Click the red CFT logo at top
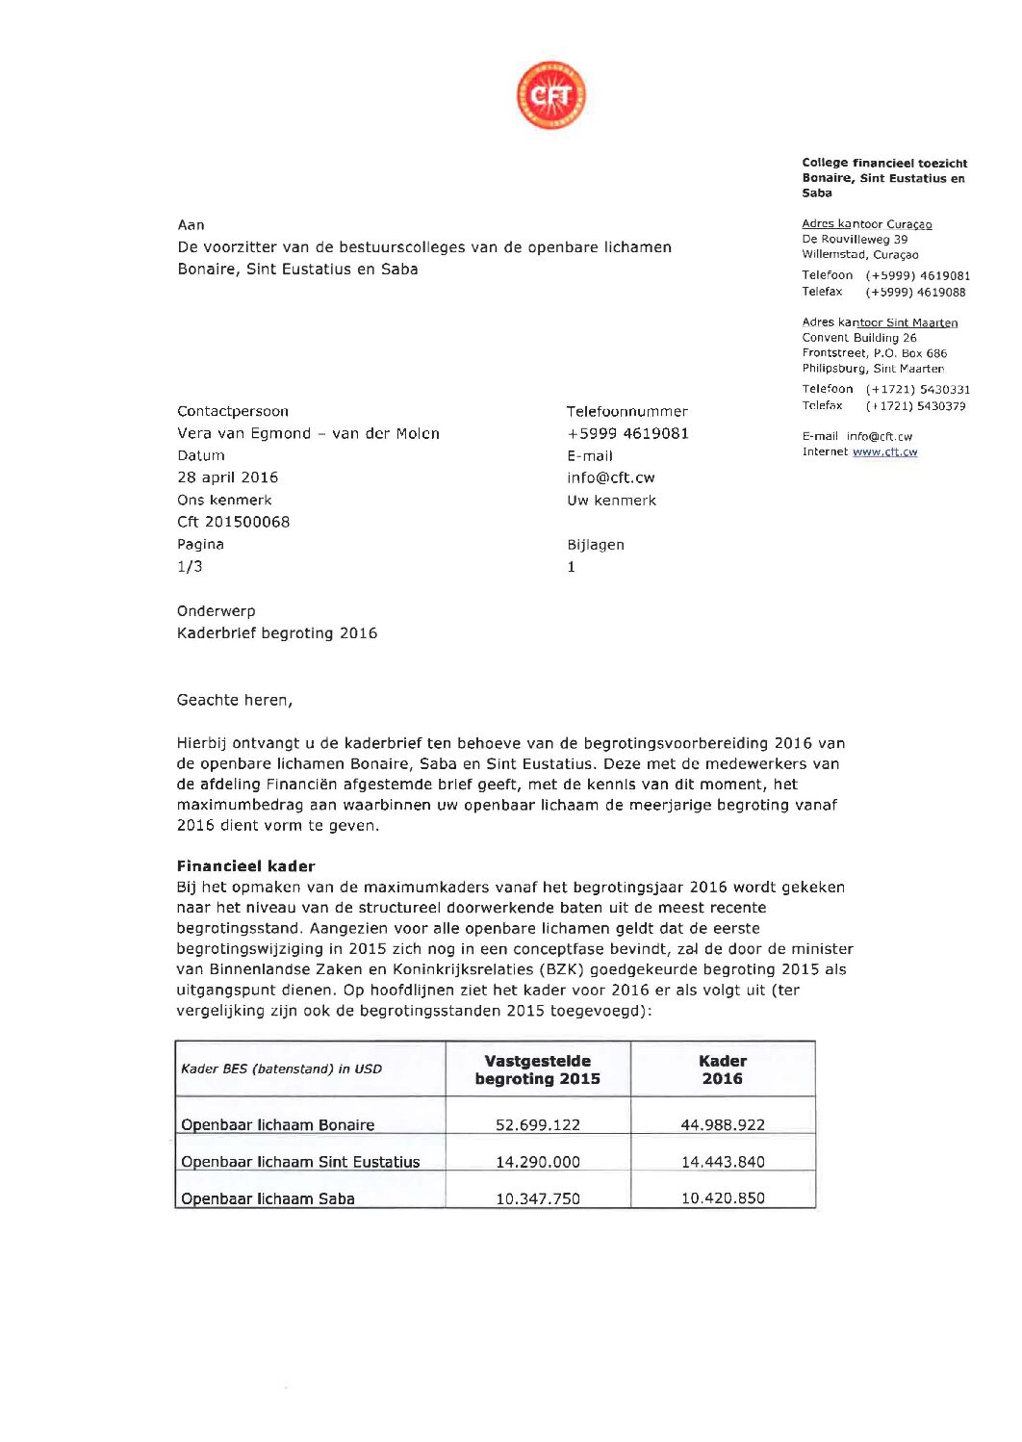pyautogui.click(x=550, y=95)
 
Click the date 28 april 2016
pyautogui.click(x=228, y=477)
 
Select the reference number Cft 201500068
pyautogui.click(x=234, y=522)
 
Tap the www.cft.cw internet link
pyautogui.click(x=884, y=451)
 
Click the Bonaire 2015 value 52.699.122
pyautogui.click(x=538, y=1124)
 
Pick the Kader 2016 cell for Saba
pyautogui.click(x=723, y=1198)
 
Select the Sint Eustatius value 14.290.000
pyautogui.click(x=538, y=1162)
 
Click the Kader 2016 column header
pyautogui.click(x=723, y=1069)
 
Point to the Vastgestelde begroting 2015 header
pyautogui.click(x=538, y=1069)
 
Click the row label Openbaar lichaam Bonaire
pyautogui.click(x=278, y=1124)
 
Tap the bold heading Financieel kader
pyautogui.click(x=246, y=866)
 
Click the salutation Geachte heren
pyautogui.click(x=235, y=701)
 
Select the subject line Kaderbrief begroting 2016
pyautogui.click(x=277, y=633)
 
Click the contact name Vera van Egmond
pyautogui.click(x=308, y=433)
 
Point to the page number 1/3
pyautogui.click(x=191, y=567)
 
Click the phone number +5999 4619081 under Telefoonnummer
pyautogui.click(x=628, y=433)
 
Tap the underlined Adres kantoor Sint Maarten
pyautogui.click(x=880, y=322)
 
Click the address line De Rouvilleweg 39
pyautogui.click(x=855, y=240)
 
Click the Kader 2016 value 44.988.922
pyautogui.click(x=723, y=1124)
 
